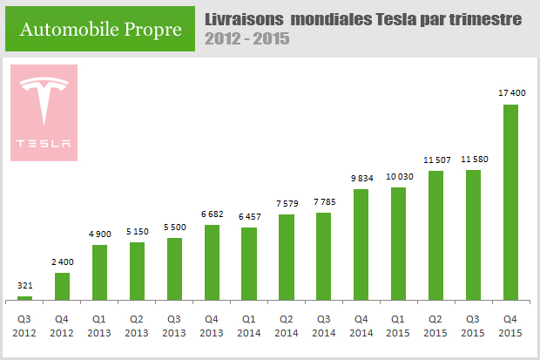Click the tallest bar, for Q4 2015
pos(511,201)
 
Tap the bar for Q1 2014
pos(249,263)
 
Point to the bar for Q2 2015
pos(436,234)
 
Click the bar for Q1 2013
pos(99,271)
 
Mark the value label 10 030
pos(399,177)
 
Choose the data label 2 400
pos(62,262)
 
